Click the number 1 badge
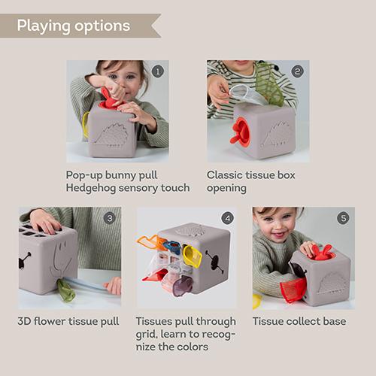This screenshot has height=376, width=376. coord(157,71)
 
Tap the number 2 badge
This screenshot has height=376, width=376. coord(298,71)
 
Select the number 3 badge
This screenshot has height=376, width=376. coord(110,218)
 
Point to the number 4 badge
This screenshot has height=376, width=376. coord(227,218)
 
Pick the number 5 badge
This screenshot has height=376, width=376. coord(344,218)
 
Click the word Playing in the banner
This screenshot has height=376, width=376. coord(43,26)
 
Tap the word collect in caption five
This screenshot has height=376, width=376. coord(299,321)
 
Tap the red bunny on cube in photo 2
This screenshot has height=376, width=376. coord(241,131)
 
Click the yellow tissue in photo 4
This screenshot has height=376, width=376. coord(193,256)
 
